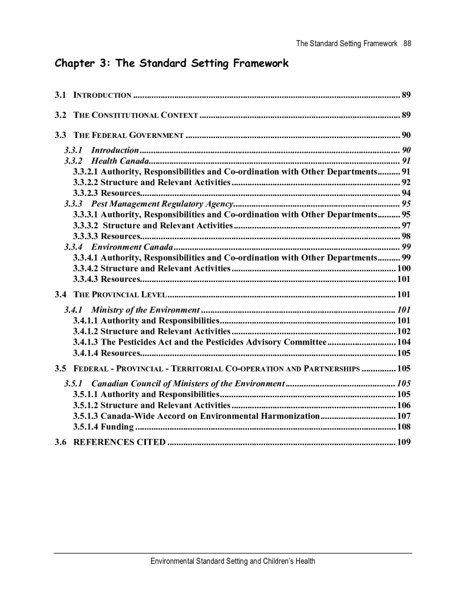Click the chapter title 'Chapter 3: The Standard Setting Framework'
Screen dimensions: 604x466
click(x=171, y=64)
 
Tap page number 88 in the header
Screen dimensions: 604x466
click(x=407, y=43)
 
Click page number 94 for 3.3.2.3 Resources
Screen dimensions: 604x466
click(x=406, y=193)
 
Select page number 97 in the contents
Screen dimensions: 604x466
click(x=406, y=225)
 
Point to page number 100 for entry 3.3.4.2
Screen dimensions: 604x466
click(x=404, y=268)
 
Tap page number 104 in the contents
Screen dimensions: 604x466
click(x=404, y=342)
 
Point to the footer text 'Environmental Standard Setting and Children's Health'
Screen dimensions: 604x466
click(x=233, y=561)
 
